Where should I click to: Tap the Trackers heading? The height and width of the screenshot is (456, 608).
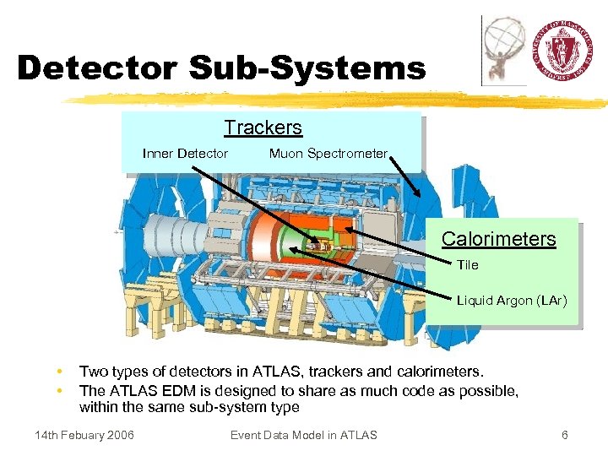pyautogui.click(x=263, y=128)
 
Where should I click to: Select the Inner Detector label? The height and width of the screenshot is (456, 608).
pyautogui.click(x=185, y=154)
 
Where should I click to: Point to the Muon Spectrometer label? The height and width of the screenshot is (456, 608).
pyautogui.click(x=328, y=154)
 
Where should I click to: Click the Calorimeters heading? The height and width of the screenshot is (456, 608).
pyautogui.click(x=498, y=239)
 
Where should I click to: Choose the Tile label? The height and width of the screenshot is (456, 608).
pyautogui.click(x=468, y=265)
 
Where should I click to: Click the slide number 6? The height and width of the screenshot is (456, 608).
pyautogui.click(x=565, y=435)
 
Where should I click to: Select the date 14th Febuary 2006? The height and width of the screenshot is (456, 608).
pyautogui.click(x=84, y=435)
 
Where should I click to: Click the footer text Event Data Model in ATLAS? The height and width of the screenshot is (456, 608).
pyautogui.click(x=303, y=435)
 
